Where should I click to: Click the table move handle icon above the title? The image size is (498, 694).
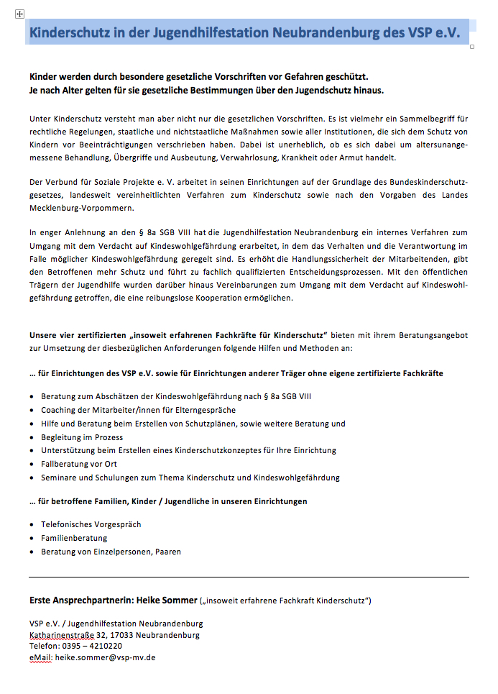point(19,14)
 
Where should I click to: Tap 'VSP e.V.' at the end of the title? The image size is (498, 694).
point(433,33)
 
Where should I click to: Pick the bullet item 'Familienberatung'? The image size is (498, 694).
point(74,539)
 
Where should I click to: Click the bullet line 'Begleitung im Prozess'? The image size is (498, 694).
point(82,437)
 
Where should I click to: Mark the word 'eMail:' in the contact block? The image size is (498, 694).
point(41,657)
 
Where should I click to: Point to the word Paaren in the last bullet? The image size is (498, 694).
point(167,552)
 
